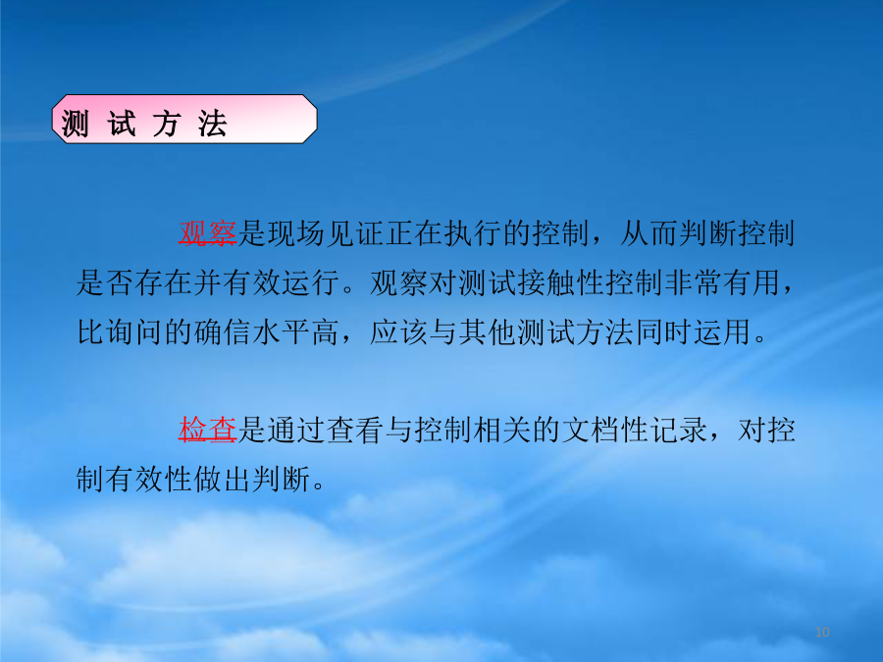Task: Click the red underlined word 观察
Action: (x=207, y=233)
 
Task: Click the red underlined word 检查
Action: (x=207, y=431)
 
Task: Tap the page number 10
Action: (x=822, y=633)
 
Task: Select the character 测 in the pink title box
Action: (x=75, y=124)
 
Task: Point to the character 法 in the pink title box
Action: (x=212, y=124)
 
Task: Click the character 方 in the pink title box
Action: (x=167, y=124)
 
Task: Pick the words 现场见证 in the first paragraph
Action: (x=325, y=233)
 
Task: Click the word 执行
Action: (x=472, y=233)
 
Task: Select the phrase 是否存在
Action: (x=134, y=282)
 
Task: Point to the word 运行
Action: (x=311, y=282)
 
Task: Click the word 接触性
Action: (x=561, y=282)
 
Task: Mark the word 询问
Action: (x=134, y=331)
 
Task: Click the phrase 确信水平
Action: (x=252, y=331)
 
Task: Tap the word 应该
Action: (x=398, y=331)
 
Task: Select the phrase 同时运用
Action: (x=693, y=331)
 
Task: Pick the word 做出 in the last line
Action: (x=223, y=479)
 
